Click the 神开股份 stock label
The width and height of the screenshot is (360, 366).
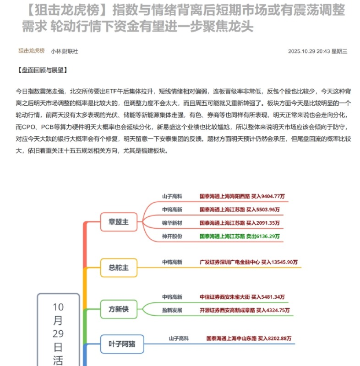pyautogui.click(x=172, y=236)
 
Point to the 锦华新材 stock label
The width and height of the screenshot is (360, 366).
pyautogui.click(x=172, y=223)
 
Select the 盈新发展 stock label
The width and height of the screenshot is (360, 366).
pyautogui.click(x=172, y=310)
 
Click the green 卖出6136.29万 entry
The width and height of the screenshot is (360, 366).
pyautogui.click(x=240, y=236)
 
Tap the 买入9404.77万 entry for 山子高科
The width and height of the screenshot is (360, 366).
pyautogui.click(x=242, y=196)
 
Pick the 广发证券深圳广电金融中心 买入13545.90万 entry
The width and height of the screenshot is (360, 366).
pyautogui.click(x=249, y=262)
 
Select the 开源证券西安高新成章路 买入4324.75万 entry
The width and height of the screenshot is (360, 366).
pyautogui.click(x=245, y=310)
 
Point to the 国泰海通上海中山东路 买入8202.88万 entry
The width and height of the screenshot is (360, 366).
pyautogui.click(x=249, y=339)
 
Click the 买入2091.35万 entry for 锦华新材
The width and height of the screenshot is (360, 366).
pyautogui.click(x=240, y=223)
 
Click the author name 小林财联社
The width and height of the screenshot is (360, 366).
pyautogui.click(x=64, y=51)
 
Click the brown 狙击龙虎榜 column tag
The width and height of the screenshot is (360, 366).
pyautogui.click(x=31, y=51)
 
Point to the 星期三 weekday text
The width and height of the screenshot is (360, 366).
pyautogui.click(x=339, y=51)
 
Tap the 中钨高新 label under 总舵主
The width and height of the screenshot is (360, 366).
pyautogui.click(x=172, y=262)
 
